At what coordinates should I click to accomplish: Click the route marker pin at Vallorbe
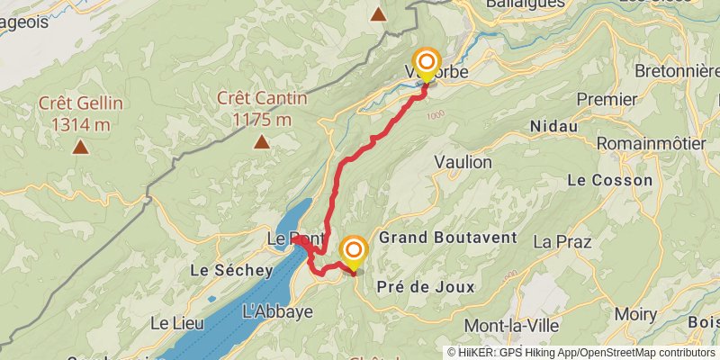pyautogui.click(x=427, y=63)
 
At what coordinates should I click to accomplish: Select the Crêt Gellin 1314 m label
pyautogui.click(x=80, y=112)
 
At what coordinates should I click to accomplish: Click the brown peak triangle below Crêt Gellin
pyautogui.click(x=80, y=146)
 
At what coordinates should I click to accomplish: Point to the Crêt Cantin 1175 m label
pyautogui.click(x=261, y=107)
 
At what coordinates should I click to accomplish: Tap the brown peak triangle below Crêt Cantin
pyautogui.click(x=261, y=141)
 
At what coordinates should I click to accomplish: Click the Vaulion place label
pyautogui.click(x=463, y=162)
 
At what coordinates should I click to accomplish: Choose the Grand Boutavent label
pyautogui.click(x=448, y=238)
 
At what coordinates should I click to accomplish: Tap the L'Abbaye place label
pyautogui.click(x=278, y=311)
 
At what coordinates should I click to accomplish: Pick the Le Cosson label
pyautogui.click(x=609, y=180)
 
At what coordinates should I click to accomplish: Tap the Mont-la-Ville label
pyautogui.click(x=510, y=325)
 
